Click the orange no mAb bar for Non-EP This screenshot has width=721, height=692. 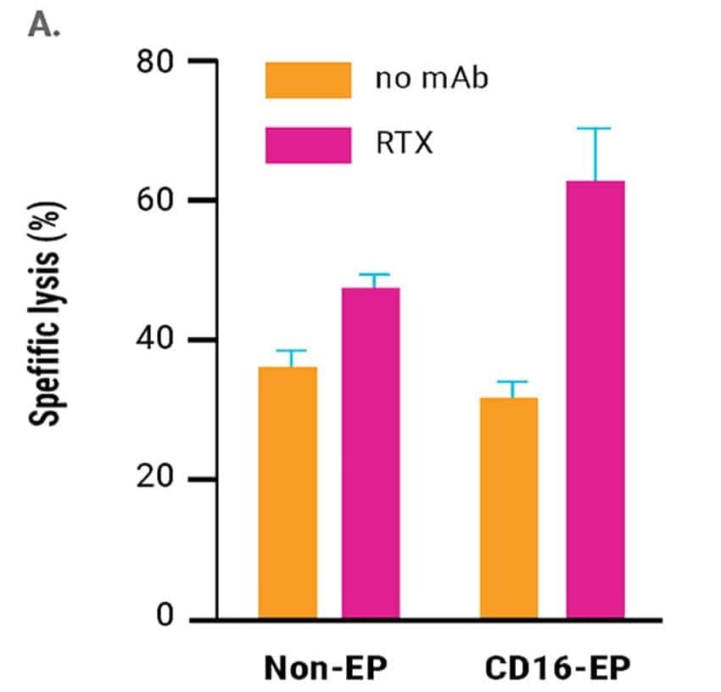288,492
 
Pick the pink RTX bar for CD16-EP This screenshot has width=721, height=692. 595,399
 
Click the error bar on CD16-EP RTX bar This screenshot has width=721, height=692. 595,154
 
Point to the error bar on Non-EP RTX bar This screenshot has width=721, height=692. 371,281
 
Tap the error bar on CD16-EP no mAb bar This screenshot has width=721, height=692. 511,389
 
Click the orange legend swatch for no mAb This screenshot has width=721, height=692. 308,80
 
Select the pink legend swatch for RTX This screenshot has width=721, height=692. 308,144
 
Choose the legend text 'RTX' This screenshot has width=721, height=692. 405,144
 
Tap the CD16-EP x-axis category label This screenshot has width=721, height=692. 558,667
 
